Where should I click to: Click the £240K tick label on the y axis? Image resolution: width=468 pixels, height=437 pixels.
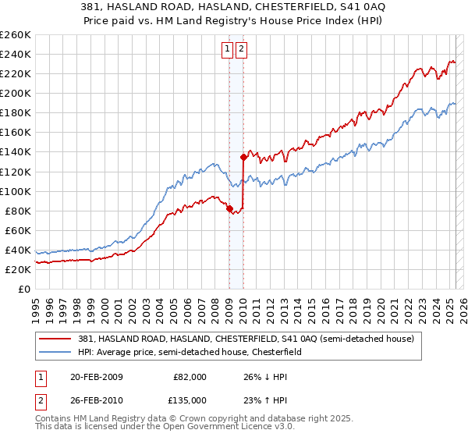click(16, 54)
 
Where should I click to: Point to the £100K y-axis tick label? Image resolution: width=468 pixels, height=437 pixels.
click(16, 191)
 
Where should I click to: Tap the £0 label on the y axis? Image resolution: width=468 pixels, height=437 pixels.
click(25, 289)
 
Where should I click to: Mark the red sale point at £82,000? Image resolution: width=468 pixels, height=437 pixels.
click(229, 208)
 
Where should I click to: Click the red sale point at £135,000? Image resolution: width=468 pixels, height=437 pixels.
click(243, 157)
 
